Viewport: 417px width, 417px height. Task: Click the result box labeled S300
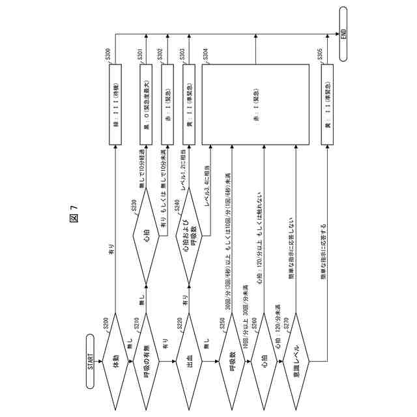116,104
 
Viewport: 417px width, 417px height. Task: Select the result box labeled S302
168,104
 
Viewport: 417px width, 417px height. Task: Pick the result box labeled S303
189,104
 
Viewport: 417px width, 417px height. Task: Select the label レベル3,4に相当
208,187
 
